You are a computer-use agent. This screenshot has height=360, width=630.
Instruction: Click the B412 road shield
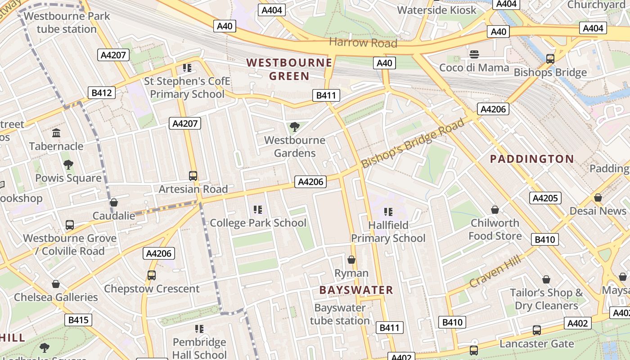tap(101, 93)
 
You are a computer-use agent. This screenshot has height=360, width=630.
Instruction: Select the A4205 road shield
tap(545, 198)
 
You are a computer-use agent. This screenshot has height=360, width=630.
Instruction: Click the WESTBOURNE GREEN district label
tap(289, 69)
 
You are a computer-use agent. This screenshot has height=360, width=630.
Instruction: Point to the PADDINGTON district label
tap(532, 159)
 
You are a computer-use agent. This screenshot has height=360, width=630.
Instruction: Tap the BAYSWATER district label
tap(356, 290)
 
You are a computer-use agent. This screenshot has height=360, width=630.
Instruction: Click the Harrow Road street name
tap(363, 43)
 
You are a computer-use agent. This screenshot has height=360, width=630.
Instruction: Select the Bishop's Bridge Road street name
tap(412, 143)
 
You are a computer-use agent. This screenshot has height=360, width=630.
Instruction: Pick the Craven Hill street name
tap(495, 271)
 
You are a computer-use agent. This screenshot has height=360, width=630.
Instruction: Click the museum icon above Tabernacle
tap(56, 133)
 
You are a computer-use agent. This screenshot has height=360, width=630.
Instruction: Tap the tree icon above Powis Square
tap(68, 165)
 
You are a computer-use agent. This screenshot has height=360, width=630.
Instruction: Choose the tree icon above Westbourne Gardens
tap(295, 127)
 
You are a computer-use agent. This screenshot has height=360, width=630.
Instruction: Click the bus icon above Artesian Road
tap(193, 176)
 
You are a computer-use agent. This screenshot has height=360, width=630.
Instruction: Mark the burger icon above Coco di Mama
tap(474, 54)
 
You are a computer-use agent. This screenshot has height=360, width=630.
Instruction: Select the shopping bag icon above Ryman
tap(351, 260)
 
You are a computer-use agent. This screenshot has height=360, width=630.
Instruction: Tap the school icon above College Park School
tap(258, 209)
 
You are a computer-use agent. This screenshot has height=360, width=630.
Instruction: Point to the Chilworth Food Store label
tap(495, 229)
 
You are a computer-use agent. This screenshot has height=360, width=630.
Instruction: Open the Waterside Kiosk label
tap(436, 10)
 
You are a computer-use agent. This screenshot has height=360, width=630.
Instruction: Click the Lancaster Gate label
tap(537, 344)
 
